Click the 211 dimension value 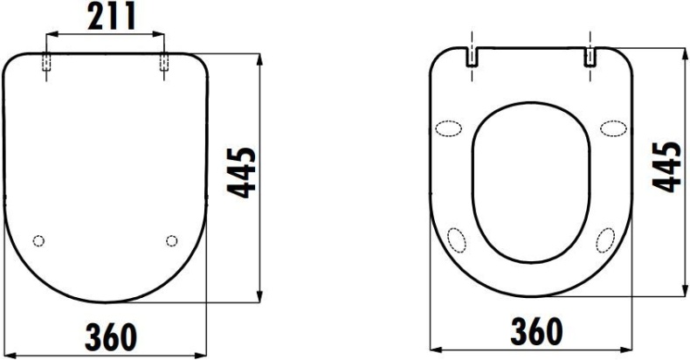click(x=105, y=17)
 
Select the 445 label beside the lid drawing click(x=245, y=173)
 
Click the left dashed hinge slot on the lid click(x=45, y=64)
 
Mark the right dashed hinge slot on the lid click(x=164, y=64)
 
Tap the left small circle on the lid click(x=38, y=240)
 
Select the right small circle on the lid click(x=171, y=240)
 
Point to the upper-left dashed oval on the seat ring click(x=450, y=128)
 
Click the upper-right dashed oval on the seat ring click(x=611, y=128)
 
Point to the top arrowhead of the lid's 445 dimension click(x=260, y=57)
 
